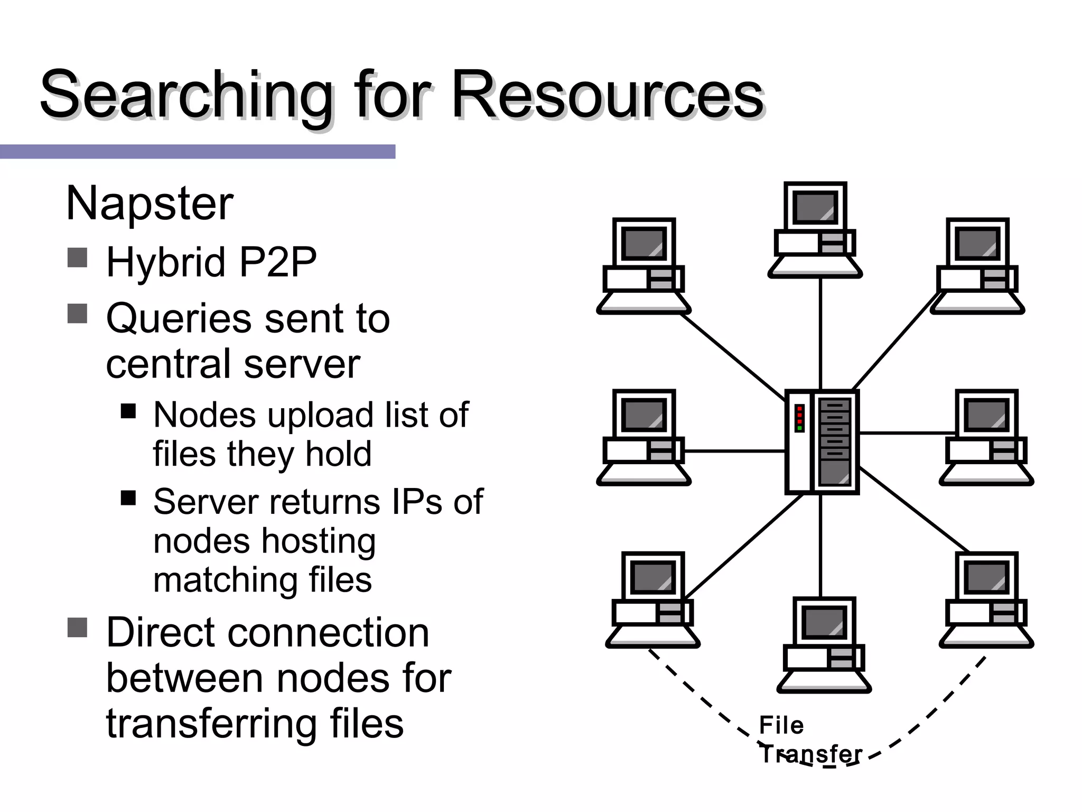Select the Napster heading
tap(150, 204)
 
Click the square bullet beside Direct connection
tap(78, 628)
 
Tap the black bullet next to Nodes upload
tap(128, 411)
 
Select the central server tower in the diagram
tap(822, 442)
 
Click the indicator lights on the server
tap(799, 418)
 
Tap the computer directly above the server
tap(815, 229)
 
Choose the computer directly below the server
tap(824, 645)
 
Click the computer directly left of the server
tap(643, 437)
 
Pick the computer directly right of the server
tap(986, 437)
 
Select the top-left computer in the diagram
tap(643, 266)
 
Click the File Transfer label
tap(809, 739)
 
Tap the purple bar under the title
tap(197, 152)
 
